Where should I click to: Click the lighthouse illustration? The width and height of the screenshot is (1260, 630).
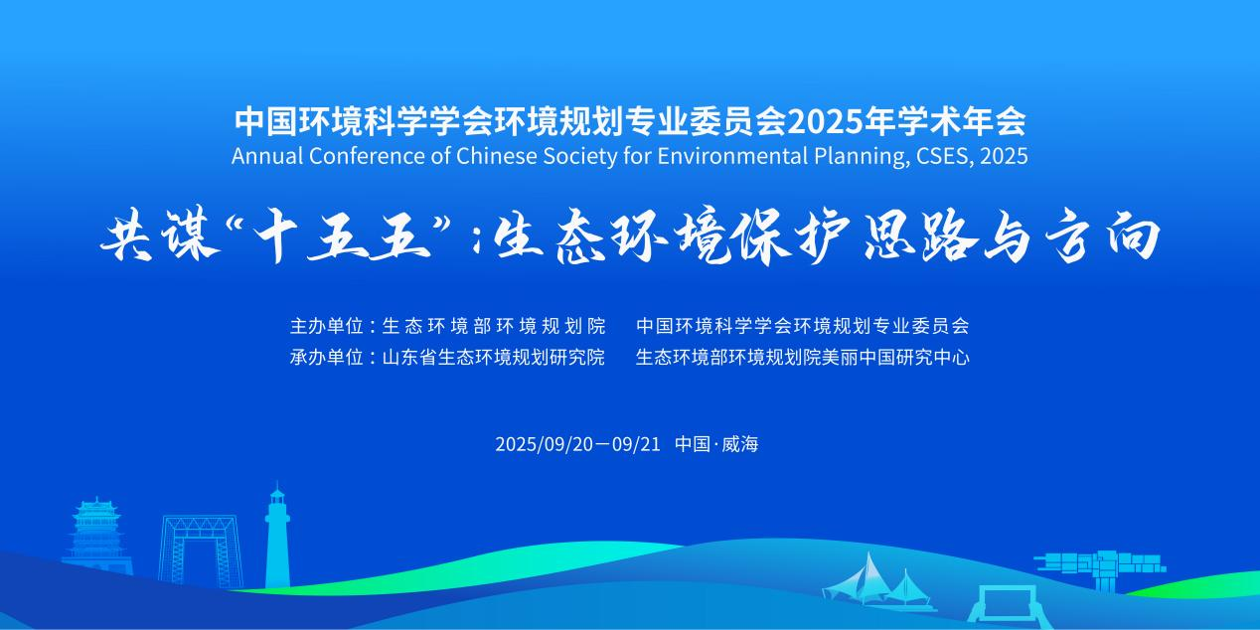tap(277, 540)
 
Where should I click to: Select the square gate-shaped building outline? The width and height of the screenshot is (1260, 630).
tap(199, 551)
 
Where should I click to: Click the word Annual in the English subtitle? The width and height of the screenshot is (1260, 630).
tap(267, 156)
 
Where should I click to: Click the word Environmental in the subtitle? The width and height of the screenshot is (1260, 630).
tap(732, 156)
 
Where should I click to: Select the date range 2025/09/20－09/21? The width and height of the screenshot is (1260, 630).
tap(577, 444)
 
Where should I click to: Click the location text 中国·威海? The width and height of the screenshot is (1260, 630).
tap(716, 444)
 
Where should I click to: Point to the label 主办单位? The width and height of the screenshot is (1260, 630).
tap(326, 326)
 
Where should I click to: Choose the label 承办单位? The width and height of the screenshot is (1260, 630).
tap(326, 357)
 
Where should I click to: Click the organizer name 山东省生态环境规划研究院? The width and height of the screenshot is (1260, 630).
tap(493, 357)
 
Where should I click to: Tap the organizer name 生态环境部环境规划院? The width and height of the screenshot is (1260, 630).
tap(493, 326)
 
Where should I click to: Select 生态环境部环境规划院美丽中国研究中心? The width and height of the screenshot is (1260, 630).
tap(803, 357)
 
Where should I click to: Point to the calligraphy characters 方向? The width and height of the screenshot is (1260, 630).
tap(1104, 236)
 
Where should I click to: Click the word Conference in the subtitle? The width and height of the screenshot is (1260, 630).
tap(368, 156)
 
